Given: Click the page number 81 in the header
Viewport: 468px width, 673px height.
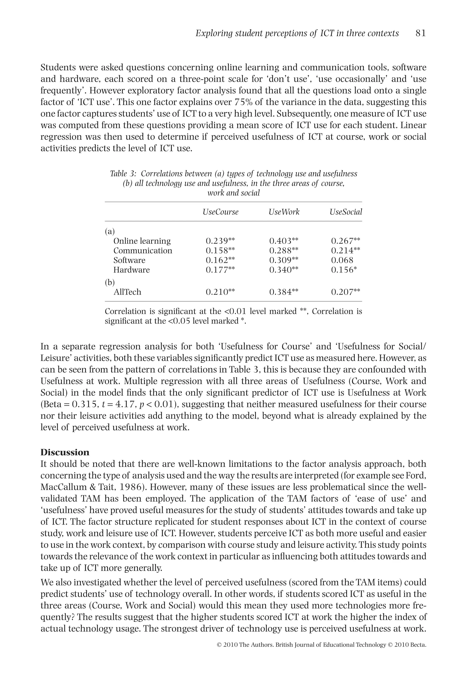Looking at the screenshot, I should pos(420,33).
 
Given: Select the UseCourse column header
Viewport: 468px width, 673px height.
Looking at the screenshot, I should pos(220,212).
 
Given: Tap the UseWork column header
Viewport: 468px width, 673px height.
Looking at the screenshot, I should pos(284,212).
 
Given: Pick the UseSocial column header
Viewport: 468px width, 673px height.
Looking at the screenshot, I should pos(346,212).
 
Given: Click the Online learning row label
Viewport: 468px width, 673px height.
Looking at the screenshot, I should pos(142,241).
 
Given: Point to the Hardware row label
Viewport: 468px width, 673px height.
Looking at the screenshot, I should pos(131,270).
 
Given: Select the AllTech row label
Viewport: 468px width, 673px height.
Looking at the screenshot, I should pos(127,292).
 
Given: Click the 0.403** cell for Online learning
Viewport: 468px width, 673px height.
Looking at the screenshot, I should pos(284,241).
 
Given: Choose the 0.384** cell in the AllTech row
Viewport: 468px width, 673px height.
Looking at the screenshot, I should pos(284,292).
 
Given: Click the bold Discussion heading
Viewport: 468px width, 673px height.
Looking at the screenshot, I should pos(65,452).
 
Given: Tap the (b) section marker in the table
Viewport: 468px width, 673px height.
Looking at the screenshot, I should pos(110,283).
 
